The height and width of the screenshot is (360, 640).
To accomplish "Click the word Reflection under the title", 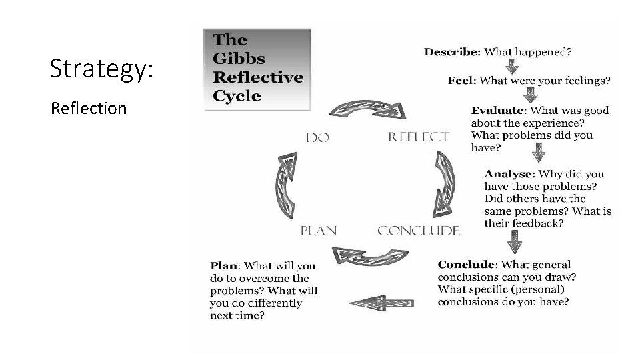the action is click(89, 108).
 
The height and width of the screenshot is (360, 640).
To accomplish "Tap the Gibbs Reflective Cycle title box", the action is click(257, 69).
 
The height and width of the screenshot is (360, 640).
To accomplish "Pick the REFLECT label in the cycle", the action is click(418, 137).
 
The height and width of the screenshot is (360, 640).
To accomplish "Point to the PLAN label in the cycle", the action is click(318, 231).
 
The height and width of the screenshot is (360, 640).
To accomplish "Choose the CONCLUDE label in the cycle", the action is click(419, 231).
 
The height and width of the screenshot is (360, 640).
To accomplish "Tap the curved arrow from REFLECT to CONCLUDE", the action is click(445, 183).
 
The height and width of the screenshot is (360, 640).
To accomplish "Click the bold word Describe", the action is click(452, 51).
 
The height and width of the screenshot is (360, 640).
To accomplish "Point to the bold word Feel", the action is click(461, 81).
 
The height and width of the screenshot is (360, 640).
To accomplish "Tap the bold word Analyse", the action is click(509, 174).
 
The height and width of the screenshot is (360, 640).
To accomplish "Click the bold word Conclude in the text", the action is click(467, 265).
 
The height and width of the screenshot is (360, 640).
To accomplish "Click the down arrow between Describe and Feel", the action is click(512, 67).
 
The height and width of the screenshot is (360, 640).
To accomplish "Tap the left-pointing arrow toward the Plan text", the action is click(381, 302).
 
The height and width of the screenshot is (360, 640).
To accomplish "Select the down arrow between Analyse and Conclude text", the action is click(513, 241).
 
